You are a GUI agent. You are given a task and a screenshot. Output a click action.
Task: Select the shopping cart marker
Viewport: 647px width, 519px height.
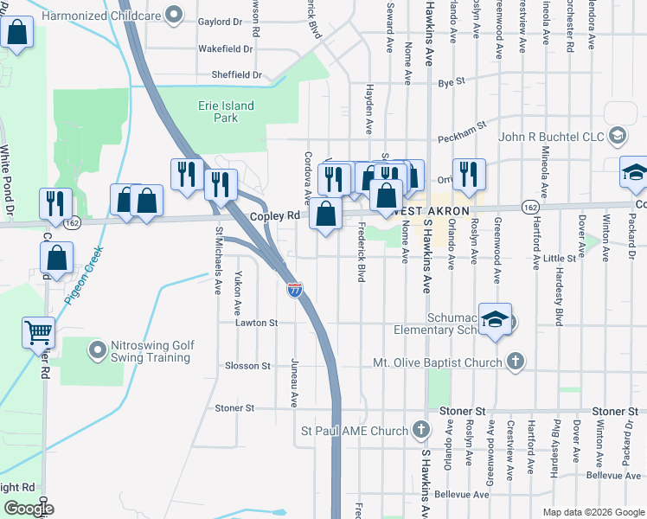point(39,331)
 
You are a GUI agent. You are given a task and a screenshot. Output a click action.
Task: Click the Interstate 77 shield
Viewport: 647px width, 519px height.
point(294,289)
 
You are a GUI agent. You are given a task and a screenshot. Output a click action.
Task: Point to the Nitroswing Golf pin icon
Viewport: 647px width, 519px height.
point(97,350)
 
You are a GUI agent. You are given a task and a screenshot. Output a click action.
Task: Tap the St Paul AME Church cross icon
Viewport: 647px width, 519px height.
point(420,430)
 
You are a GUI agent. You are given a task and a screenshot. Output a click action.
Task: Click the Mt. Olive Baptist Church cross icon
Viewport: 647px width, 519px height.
point(515,361)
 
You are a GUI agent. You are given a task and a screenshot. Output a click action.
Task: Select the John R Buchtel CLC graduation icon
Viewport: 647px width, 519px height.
point(618,136)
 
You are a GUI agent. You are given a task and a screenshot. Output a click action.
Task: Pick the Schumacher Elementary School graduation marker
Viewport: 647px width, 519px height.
point(496,319)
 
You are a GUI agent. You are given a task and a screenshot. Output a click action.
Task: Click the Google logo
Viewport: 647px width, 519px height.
point(28,509)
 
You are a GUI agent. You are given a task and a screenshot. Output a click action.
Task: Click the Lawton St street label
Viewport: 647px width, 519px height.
point(256,323)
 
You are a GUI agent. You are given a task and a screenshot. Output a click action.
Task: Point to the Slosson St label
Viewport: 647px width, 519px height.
point(247,366)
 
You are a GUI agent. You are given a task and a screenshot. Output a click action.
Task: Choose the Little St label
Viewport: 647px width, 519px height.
point(559,258)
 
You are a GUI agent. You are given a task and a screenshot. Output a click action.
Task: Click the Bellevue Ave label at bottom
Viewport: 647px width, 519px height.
point(462,494)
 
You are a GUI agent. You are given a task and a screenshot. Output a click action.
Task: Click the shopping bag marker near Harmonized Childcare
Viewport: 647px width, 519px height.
point(16,35)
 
